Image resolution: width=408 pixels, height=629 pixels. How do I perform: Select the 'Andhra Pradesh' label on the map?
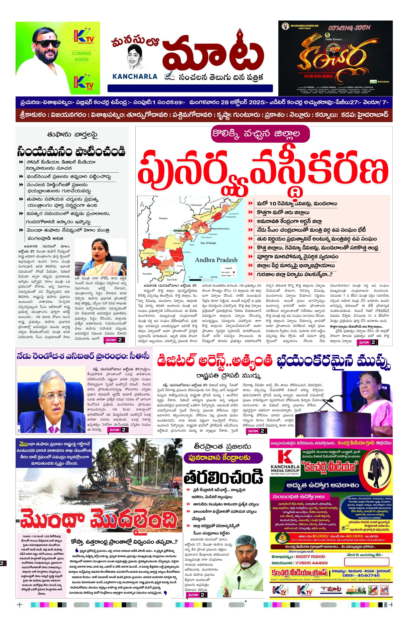pos(216,260)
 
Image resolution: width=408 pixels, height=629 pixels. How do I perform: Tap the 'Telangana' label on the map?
pos(163,218)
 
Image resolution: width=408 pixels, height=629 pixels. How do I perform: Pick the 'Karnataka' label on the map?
pos(147,274)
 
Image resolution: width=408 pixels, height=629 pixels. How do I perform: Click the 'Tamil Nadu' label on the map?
pos(172,280)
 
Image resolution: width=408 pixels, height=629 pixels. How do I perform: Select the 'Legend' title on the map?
pos(228,268)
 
